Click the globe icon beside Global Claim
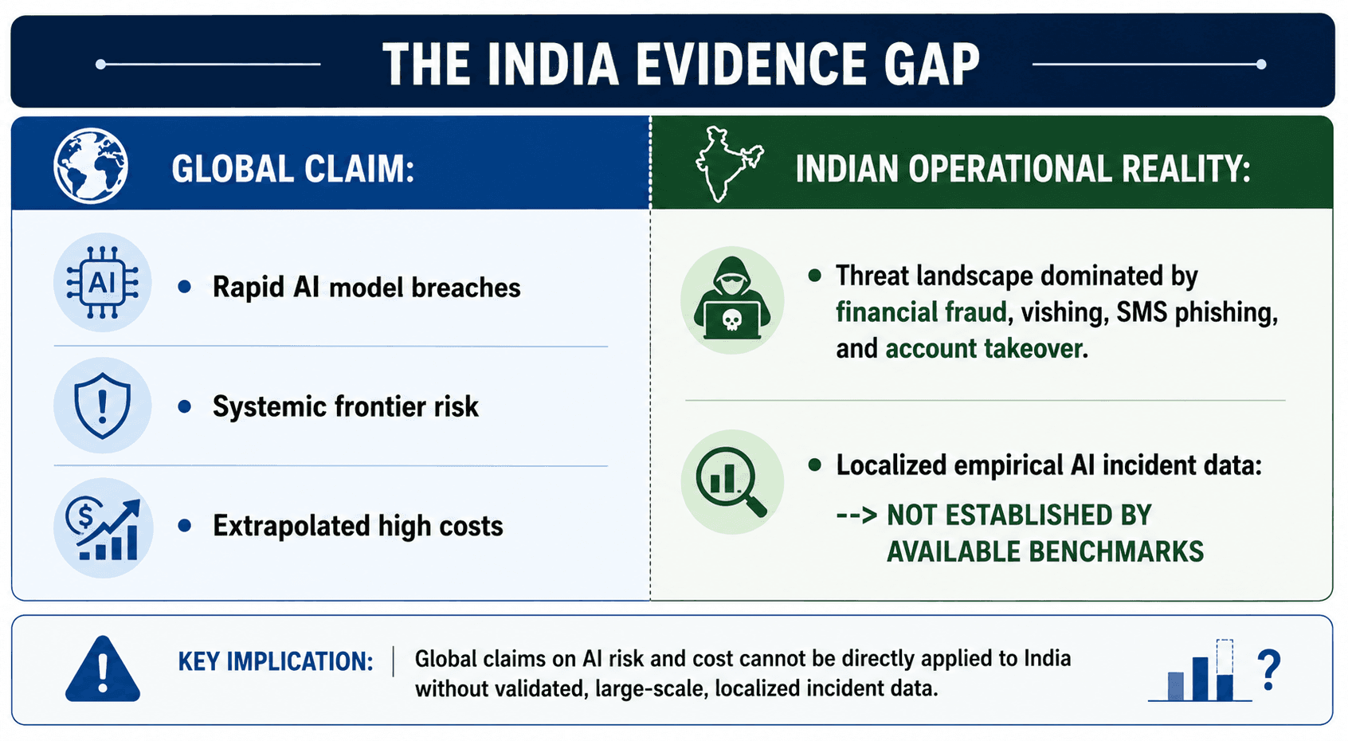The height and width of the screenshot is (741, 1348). (x=91, y=166)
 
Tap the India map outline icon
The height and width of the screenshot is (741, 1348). (x=729, y=163)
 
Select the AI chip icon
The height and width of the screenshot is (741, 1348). (x=102, y=282)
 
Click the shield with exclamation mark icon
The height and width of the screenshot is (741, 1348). (x=102, y=405)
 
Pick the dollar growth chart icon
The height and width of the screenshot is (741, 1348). (x=104, y=528)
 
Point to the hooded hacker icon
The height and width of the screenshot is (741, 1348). (x=732, y=299)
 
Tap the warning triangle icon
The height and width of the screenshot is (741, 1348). (x=103, y=668)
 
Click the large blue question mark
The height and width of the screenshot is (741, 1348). (x=1269, y=669)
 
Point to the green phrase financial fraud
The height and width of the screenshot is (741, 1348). (x=921, y=312)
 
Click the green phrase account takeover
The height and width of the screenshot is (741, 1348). (x=984, y=348)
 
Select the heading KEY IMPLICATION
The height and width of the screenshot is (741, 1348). (x=276, y=661)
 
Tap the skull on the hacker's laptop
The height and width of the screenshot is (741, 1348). (x=731, y=319)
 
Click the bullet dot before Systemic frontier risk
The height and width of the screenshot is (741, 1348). (x=185, y=406)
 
